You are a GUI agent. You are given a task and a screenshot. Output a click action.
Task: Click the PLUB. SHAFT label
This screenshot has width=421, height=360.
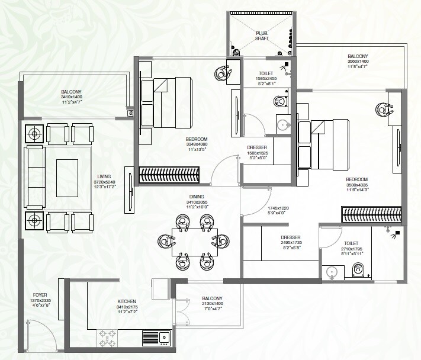pyautogui.click(x=262, y=35)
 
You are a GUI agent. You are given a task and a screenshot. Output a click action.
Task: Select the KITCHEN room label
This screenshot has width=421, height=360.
pyautogui.click(x=127, y=301)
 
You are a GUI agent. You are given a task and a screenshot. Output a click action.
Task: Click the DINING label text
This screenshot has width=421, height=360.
pyautogui.click(x=197, y=196)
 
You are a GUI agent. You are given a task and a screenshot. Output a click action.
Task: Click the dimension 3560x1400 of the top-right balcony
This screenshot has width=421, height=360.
pyautogui.click(x=358, y=62)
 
